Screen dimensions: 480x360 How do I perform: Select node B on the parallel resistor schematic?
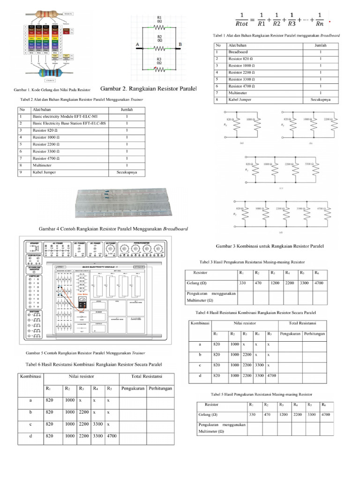(180, 45)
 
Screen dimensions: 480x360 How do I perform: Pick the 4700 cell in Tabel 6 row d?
(112, 435)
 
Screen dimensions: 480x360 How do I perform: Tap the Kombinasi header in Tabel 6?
(30, 376)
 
